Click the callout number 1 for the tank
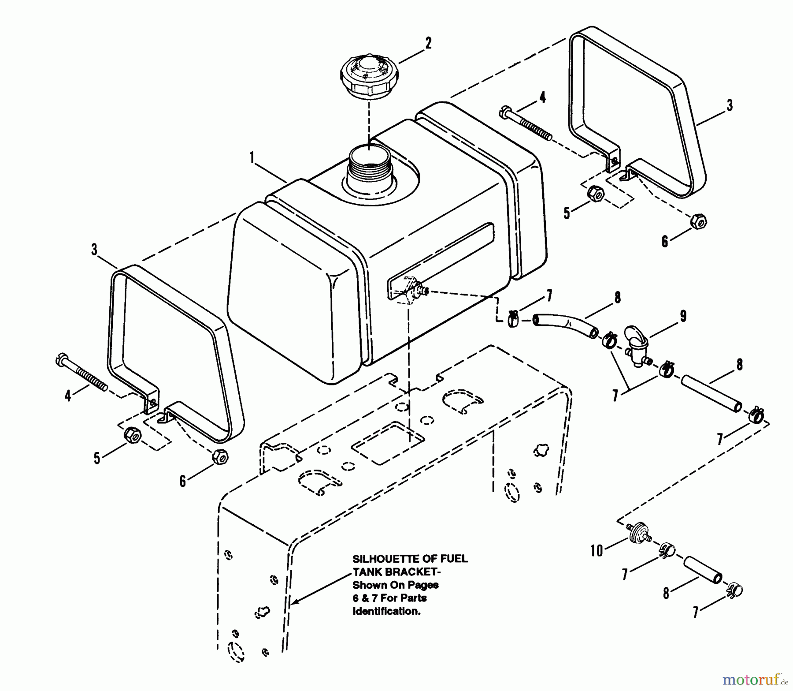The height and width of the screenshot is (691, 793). coord(252,157)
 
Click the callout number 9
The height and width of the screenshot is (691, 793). coord(683,316)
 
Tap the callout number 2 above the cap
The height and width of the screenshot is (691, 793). coord(428,43)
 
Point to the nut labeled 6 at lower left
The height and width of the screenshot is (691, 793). coord(220,456)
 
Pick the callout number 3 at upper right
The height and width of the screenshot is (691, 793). coord(730,105)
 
